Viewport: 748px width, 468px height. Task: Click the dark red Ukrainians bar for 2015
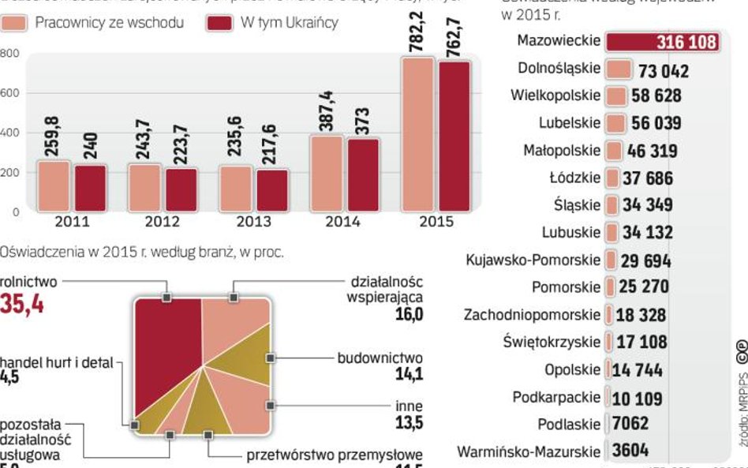pos(454,136)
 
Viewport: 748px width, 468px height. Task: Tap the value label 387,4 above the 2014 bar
pos(326,111)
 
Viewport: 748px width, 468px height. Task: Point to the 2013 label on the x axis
pos(253,222)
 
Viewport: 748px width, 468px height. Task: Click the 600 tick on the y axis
pos(9,93)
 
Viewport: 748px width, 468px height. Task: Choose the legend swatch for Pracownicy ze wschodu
pos(15,23)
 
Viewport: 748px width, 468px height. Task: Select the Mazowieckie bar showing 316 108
pos(664,42)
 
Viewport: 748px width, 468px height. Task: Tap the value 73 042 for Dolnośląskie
pos(664,72)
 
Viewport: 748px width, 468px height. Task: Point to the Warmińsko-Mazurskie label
pos(529,452)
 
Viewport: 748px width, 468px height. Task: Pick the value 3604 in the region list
pos(630,451)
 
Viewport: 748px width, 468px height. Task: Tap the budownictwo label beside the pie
pos(380,358)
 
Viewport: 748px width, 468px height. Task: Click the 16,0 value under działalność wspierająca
pos(409,314)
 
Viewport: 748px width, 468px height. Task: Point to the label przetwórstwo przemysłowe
pos(335,455)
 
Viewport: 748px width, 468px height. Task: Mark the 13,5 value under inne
pos(409,423)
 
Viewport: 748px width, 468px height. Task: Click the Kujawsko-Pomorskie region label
pos(533,260)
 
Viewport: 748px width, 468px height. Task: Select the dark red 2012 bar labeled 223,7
pos(181,190)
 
